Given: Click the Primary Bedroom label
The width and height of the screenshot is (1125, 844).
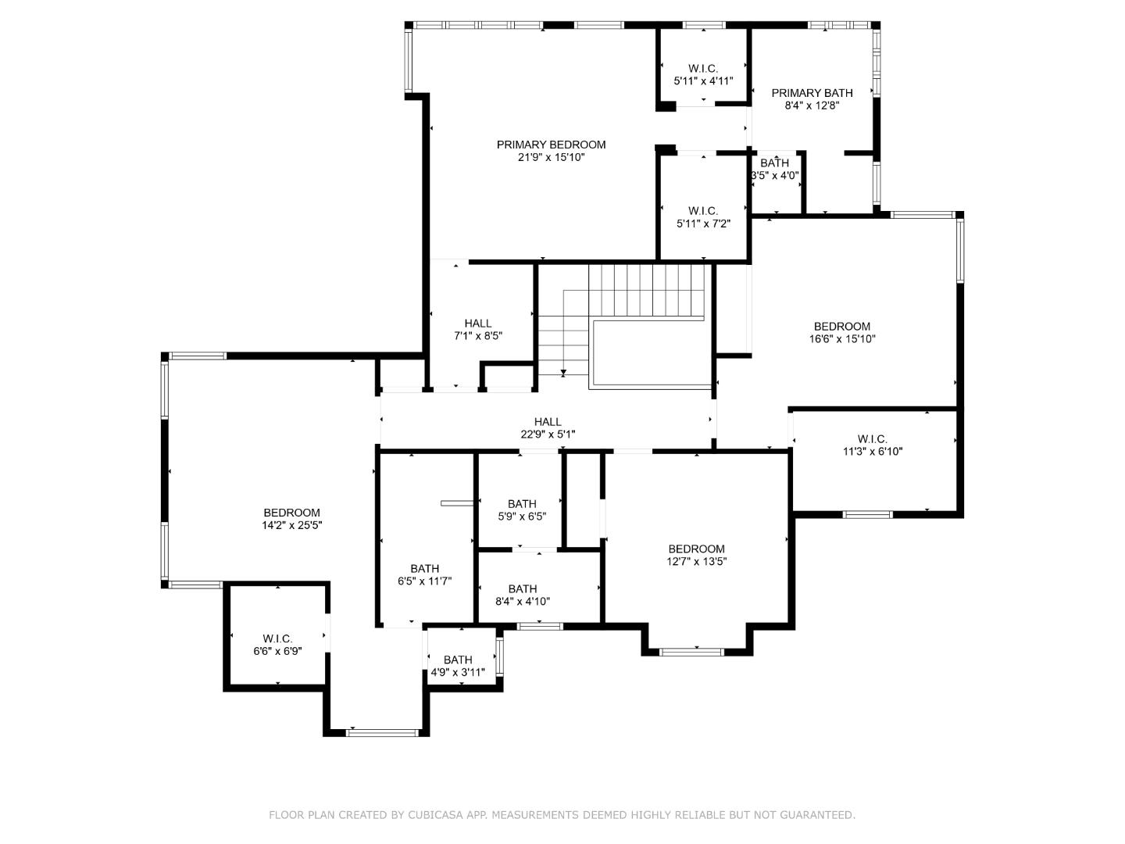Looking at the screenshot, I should [551, 145].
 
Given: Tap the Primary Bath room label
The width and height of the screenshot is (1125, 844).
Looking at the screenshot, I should [812, 93].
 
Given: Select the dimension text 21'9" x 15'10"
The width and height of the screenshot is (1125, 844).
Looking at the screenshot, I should [551, 157].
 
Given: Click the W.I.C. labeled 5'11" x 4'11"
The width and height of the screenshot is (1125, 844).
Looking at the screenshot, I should [703, 74].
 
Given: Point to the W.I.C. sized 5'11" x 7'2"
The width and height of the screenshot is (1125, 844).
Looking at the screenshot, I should [703, 216].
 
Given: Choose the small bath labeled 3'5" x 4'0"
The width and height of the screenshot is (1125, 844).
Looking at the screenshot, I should [775, 169].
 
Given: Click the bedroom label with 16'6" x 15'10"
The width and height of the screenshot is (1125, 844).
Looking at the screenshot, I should [841, 332].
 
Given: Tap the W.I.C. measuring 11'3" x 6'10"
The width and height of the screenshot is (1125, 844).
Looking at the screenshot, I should [873, 445].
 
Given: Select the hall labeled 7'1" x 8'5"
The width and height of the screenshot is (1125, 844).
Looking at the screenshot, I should [478, 329].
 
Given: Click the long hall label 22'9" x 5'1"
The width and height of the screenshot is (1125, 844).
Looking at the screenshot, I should [548, 427].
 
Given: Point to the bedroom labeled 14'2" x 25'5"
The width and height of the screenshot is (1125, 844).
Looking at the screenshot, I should [291, 519].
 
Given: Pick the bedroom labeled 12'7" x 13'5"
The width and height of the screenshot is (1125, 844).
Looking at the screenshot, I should [696, 555].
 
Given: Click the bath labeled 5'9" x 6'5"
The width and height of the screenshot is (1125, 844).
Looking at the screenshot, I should [522, 510].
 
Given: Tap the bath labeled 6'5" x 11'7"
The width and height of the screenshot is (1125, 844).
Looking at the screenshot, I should [425, 574].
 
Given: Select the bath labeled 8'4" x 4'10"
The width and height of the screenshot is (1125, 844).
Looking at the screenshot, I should [523, 595].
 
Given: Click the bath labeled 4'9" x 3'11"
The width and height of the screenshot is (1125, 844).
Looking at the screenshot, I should [458, 666].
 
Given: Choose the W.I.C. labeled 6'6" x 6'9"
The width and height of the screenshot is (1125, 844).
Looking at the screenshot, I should [277, 645].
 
